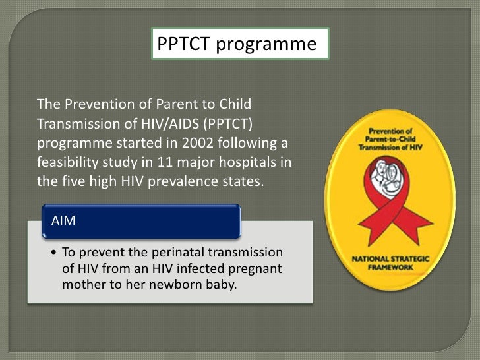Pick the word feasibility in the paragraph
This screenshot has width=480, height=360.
click(69, 162)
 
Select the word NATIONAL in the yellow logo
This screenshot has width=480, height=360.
click(373, 259)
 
